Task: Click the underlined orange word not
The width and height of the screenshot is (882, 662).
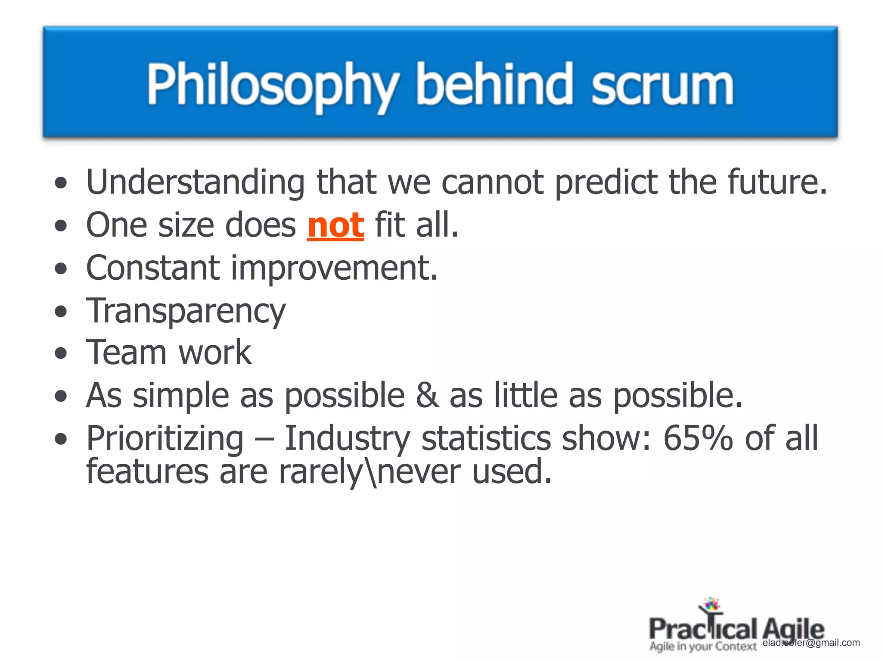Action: point(335,225)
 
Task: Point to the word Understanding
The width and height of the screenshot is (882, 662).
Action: point(195,182)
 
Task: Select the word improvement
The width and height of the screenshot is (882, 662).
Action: point(334,269)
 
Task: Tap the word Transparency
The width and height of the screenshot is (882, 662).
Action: point(186,311)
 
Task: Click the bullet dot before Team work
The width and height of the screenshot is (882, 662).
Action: point(61,353)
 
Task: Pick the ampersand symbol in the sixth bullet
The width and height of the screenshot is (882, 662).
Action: point(427,395)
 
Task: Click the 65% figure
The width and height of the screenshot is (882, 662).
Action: point(697,438)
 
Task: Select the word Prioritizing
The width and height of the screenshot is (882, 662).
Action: point(165,438)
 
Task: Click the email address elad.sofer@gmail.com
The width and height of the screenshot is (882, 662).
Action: point(811,643)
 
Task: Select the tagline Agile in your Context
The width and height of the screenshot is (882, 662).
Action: point(703,646)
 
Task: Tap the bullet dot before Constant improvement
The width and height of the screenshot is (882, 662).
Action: point(61,269)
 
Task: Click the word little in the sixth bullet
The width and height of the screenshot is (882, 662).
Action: point(525,395)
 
